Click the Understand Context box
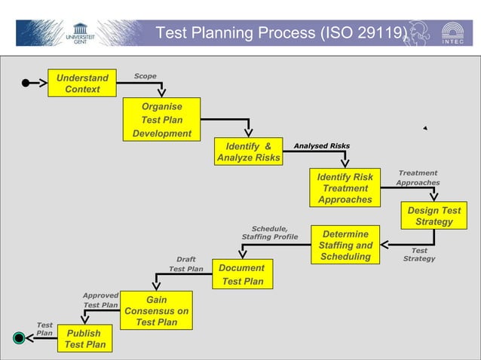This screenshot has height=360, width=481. [82, 83]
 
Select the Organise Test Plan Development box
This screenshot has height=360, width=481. [161, 120]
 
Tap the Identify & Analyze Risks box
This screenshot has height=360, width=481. [248, 151]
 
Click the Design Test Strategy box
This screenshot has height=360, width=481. [434, 216]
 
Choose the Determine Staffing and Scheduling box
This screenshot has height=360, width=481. [345, 245]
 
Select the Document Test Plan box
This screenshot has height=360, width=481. [242, 274]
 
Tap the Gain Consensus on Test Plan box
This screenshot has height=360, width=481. [156, 311]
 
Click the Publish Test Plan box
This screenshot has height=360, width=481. [84, 339]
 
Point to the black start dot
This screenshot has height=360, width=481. [26, 83]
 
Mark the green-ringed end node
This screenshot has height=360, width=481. [20, 338]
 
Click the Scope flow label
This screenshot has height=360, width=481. [145, 76]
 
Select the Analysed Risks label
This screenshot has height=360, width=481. [321, 146]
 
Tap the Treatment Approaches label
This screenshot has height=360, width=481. [418, 178]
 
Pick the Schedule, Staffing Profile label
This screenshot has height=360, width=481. [269, 233]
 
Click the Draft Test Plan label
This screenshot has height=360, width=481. [185, 264]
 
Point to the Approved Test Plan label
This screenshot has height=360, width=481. [100, 301]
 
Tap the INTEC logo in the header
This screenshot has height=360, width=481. [453, 34]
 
